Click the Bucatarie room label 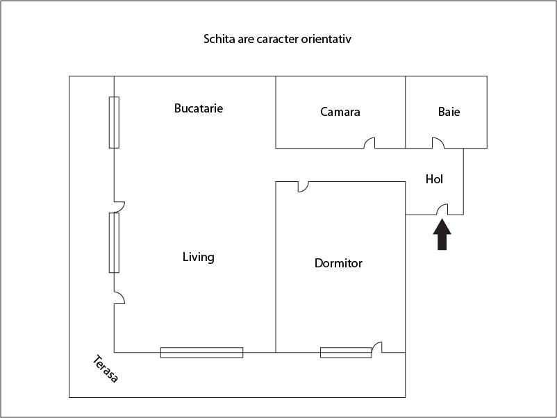click(199, 108)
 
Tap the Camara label click(340, 111)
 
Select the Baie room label click(449, 111)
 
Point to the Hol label click(434, 179)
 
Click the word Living click(198, 257)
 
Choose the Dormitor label click(338, 263)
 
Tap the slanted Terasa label click(106, 369)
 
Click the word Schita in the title click(217, 39)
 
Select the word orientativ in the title click(326, 39)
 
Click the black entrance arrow click(442, 234)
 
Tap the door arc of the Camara click(370, 143)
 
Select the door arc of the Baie click(438, 143)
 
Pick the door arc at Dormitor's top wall click(304, 186)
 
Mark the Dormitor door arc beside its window click(377, 346)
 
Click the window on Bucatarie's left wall click(114, 122)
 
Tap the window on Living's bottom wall click(201, 352)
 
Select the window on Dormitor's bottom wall click(346, 352)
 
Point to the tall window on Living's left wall click(114, 242)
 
